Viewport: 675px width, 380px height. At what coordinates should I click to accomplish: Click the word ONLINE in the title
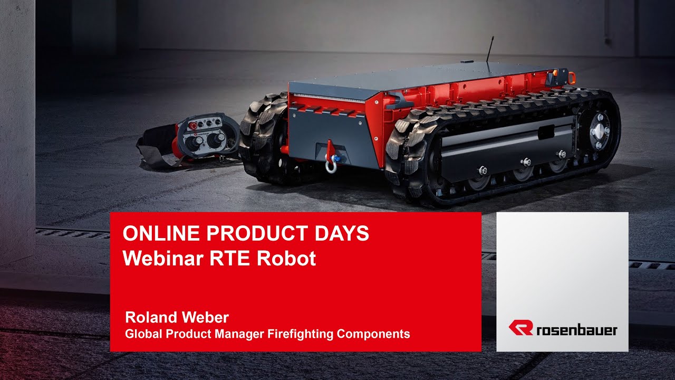tap(152, 234)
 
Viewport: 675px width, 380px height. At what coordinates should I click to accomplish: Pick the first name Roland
tap(149, 318)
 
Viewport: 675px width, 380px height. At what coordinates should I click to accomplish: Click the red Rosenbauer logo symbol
tap(520, 328)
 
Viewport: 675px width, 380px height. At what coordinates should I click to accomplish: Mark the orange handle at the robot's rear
tap(571, 78)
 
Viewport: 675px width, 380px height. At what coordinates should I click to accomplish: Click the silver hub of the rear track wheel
tap(600, 130)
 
